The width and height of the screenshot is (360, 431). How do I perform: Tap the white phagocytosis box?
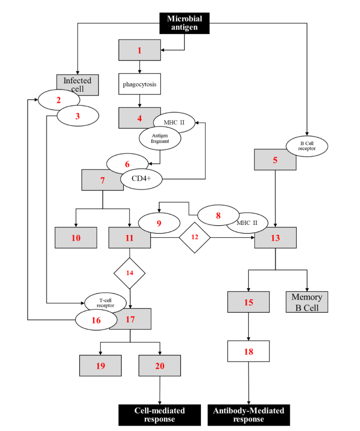[139, 84]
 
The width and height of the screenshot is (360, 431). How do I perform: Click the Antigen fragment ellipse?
[160, 138]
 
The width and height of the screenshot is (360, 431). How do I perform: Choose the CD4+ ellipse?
[141, 178]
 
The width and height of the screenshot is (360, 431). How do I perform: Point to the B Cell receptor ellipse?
[307, 146]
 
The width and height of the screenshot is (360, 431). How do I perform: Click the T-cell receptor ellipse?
[105, 302]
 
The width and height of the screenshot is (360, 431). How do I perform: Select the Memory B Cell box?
[307, 302]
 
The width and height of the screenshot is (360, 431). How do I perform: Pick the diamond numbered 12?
[195, 237]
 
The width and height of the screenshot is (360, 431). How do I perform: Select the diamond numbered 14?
[130, 273]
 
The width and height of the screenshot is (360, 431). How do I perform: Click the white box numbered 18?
[248, 351]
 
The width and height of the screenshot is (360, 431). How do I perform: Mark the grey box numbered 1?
[139, 50]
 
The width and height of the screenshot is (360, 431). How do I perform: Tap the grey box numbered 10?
[76, 238]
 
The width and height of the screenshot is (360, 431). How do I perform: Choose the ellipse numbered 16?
[96, 320]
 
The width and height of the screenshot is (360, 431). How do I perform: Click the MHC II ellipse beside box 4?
[174, 123]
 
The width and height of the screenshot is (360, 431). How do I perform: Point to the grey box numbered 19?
[100, 365]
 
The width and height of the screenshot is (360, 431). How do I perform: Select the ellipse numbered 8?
[218, 215]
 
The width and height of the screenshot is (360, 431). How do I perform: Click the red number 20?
[160, 366]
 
